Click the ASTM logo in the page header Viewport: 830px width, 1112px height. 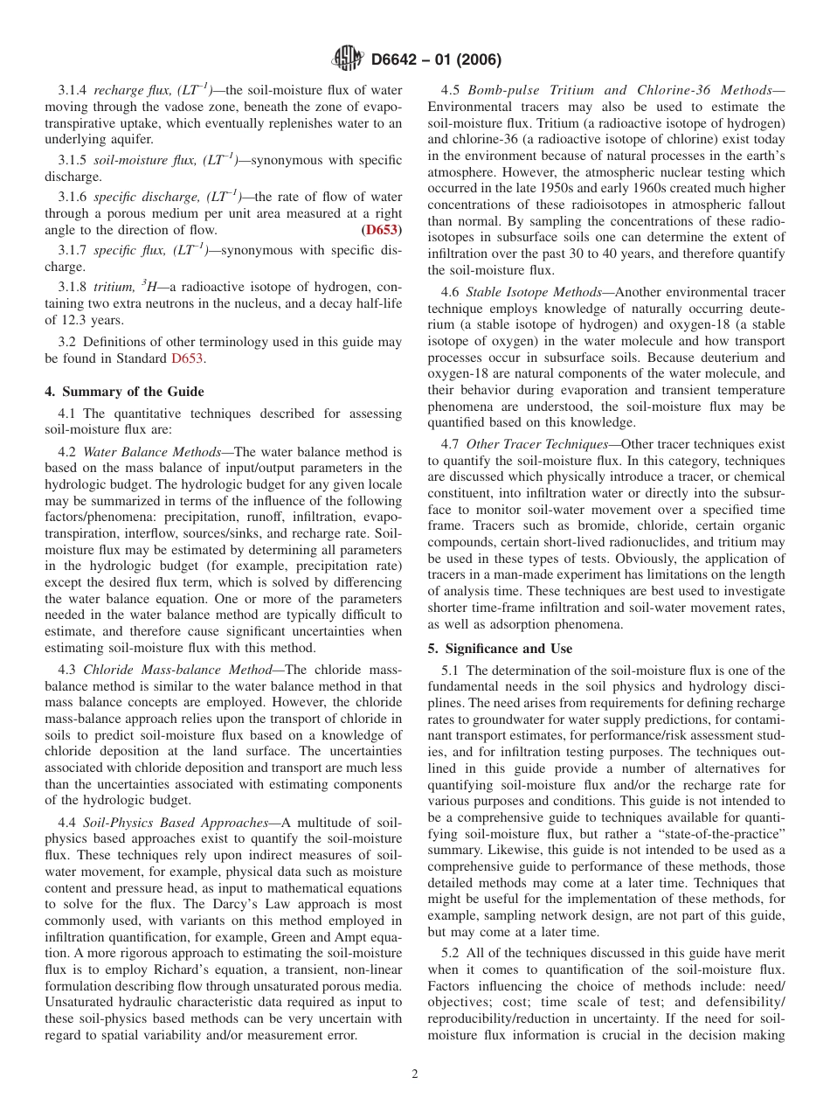pos(347,59)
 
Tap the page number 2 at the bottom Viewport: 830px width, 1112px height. pos(415,1074)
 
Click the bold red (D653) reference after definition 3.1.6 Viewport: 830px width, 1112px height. pos(382,230)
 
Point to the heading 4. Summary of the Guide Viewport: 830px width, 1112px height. pos(124,391)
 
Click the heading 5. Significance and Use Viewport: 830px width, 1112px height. pos(500,648)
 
